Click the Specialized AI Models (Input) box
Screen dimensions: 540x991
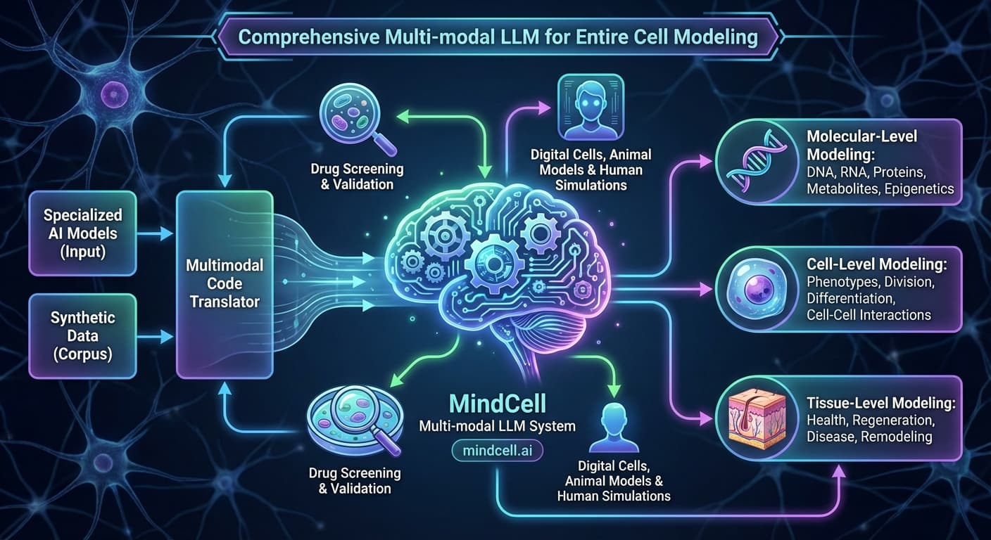pyautogui.click(x=82, y=233)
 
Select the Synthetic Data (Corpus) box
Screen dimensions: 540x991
pyautogui.click(x=82, y=336)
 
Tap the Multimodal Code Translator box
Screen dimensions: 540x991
pyautogui.click(x=224, y=283)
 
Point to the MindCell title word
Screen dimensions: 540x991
pyautogui.click(x=497, y=404)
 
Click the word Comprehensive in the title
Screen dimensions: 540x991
pyautogui.click(x=308, y=36)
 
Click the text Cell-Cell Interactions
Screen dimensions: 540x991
pyautogui.click(x=869, y=315)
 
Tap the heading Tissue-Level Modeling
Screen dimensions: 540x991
pyautogui.click(x=881, y=404)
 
